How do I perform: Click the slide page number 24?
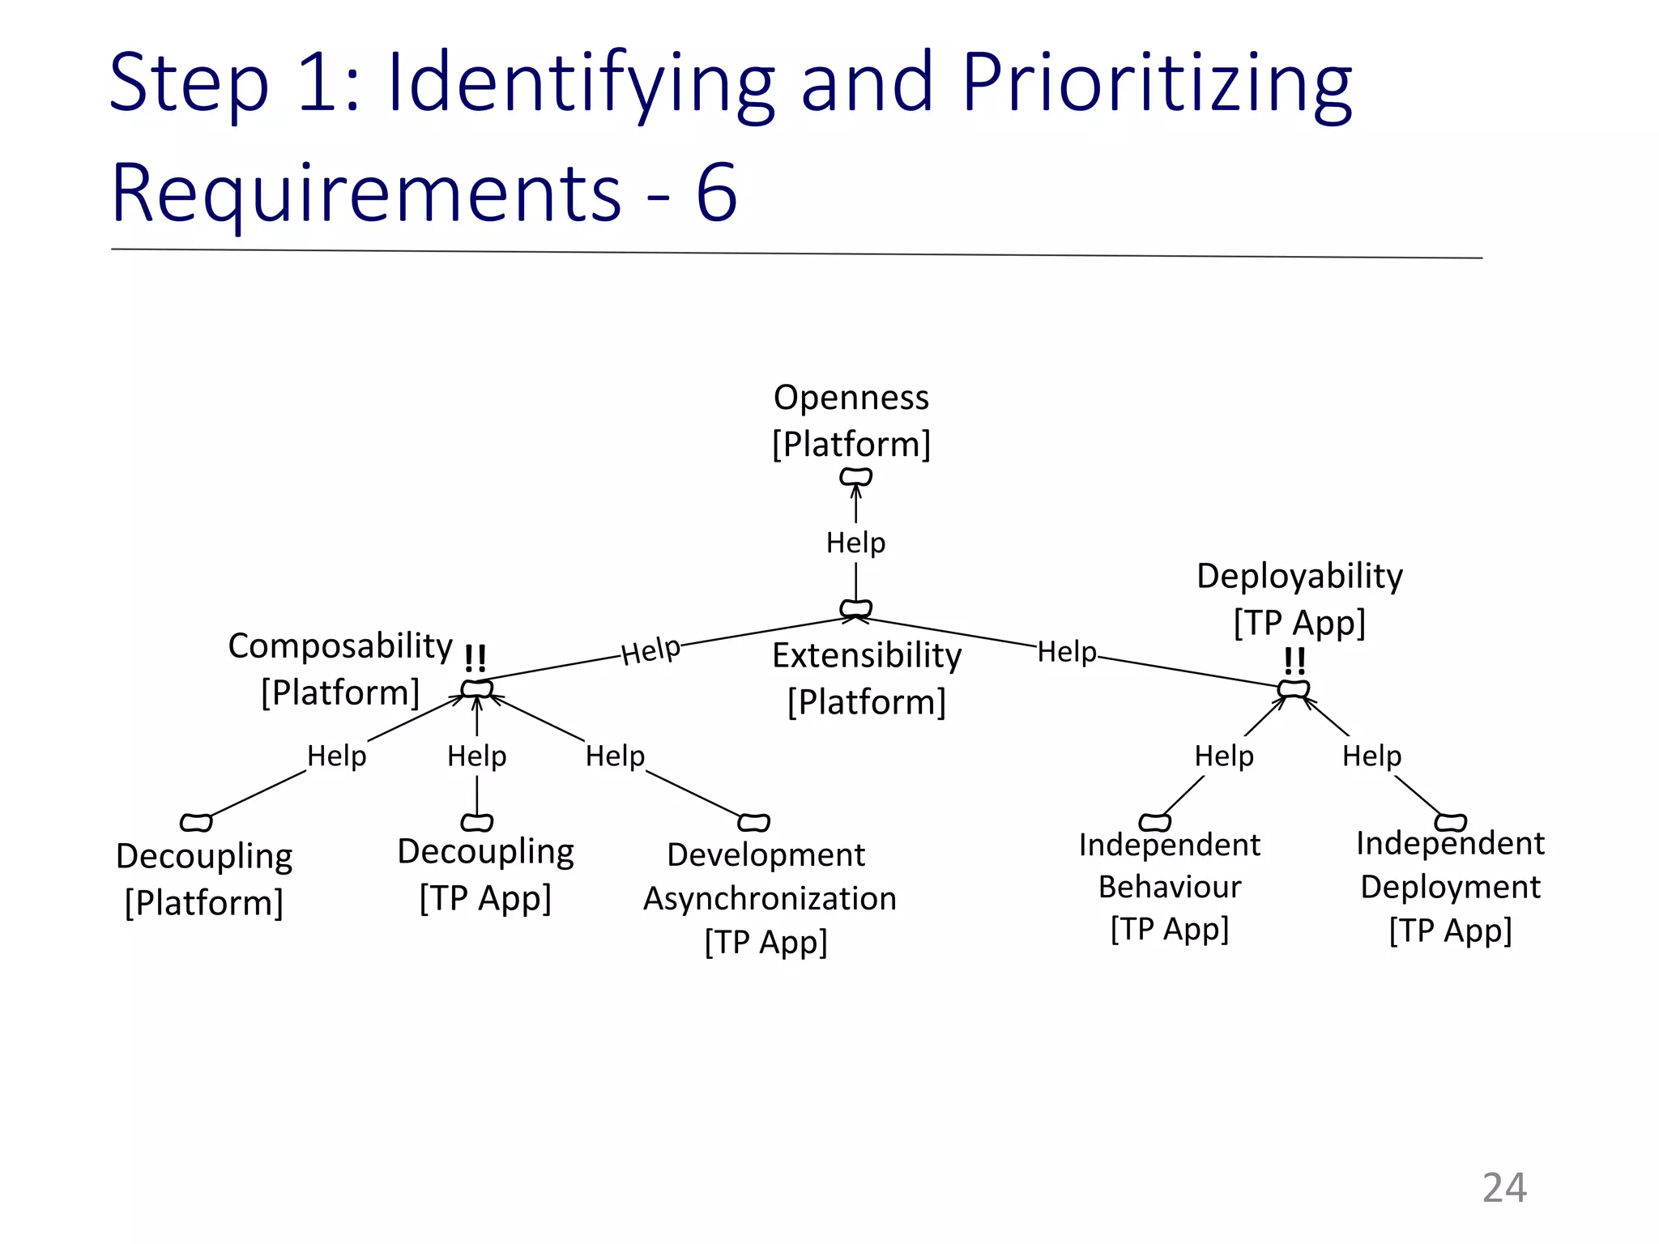tap(1504, 1188)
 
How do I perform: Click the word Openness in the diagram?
tap(851, 398)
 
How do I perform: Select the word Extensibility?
tap(867, 655)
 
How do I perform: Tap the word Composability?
tap(340, 645)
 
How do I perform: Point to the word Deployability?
tap(1299, 576)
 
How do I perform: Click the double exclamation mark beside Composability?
tap(476, 658)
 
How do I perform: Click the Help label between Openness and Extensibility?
tap(855, 543)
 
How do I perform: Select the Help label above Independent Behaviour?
tap(1224, 756)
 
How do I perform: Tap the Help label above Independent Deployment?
tap(1371, 756)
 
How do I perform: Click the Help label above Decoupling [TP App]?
tap(476, 756)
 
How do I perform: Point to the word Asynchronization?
tap(770, 899)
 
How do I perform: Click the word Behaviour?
tap(1170, 887)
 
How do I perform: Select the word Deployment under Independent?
tap(1450, 887)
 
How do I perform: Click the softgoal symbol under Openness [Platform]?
tap(855, 476)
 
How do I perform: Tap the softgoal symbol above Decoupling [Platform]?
tap(196, 823)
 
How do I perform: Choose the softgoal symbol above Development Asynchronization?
tap(753, 823)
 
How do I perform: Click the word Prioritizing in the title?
tap(1157, 83)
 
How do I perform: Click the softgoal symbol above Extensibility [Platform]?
tap(855, 608)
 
